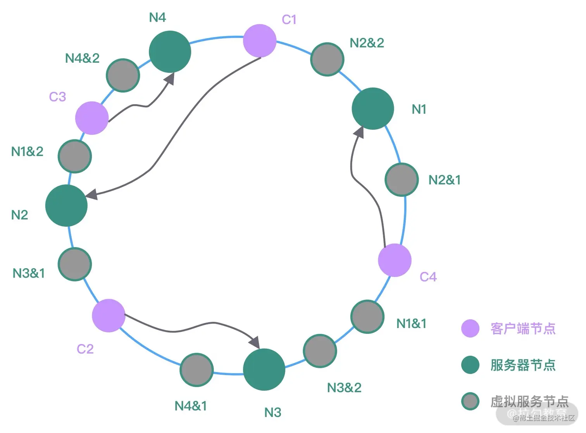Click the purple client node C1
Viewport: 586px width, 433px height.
coord(260,41)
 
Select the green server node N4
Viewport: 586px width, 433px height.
coord(170,52)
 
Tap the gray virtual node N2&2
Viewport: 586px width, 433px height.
coord(327,59)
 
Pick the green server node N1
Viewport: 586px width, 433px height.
coord(373,108)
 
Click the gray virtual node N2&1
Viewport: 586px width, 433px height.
coord(402,179)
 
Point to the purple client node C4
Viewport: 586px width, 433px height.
coord(395,260)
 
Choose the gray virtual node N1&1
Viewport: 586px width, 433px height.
coord(367,317)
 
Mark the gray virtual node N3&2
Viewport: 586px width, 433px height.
coord(320,351)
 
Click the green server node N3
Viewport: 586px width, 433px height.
coord(264,369)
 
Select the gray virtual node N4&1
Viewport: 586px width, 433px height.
coord(197,370)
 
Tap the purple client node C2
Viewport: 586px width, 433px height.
coord(109,316)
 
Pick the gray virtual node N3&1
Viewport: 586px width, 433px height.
coord(75,264)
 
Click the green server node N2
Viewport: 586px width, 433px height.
coord(66,206)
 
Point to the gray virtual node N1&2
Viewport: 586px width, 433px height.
coord(75,156)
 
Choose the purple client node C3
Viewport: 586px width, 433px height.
coord(92,118)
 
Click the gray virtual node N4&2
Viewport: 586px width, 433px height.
coord(123,76)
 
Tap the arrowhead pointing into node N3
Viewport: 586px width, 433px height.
coord(255,343)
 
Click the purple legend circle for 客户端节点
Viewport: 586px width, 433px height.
coord(471,328)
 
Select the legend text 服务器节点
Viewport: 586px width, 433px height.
coord(523,365)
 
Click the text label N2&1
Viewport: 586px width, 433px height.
coord(445,180)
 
